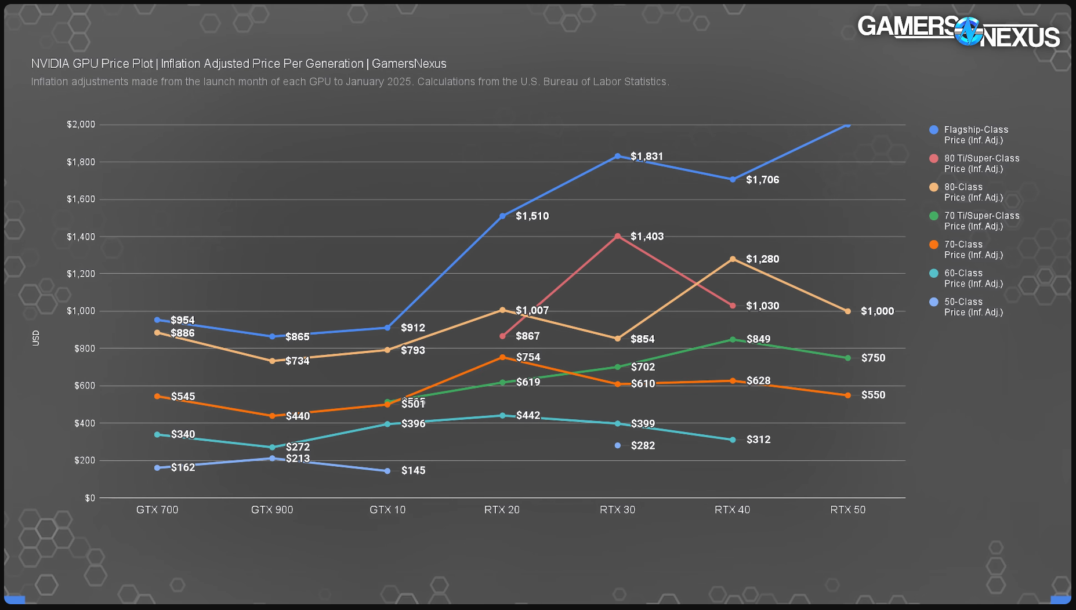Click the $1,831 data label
point(647,157)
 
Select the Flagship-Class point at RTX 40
point(733,180)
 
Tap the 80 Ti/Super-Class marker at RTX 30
point(618,236)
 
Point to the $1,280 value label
point(762,259)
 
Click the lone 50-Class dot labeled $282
point(618,445)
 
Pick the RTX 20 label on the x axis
point(502,510)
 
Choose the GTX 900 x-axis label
point(272,510)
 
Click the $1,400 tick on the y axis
point(81,237)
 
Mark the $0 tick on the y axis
point(89,498)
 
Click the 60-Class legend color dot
point(934,273)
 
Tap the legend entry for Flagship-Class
point(976,135)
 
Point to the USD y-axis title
point(36,338)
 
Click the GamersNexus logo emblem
point(968,31)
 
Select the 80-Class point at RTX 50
point(847,311)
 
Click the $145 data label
point(413,470)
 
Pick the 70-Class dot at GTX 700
point(157,397)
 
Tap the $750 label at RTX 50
point(873,358)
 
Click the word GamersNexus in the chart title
point(409,64)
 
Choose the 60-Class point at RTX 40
point(733,440)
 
